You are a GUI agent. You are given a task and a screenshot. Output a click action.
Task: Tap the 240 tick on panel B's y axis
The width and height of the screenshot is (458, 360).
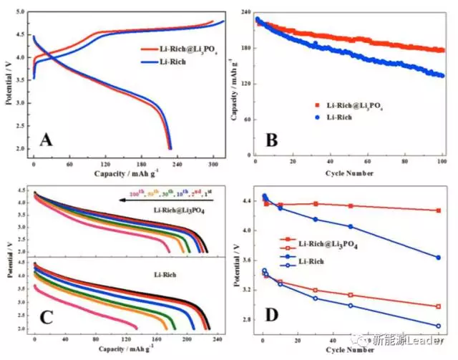[x=244, y=13]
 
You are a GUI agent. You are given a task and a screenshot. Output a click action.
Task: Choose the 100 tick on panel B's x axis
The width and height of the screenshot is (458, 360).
[x=442, y=162]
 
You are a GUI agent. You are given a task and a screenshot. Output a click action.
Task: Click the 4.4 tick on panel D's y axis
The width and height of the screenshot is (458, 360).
[x=245, y=201]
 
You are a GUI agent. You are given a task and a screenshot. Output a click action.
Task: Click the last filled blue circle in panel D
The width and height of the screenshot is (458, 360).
[x=438, y=258]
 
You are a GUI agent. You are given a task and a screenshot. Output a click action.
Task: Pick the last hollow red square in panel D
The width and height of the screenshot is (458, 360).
[x=438, y=306]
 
